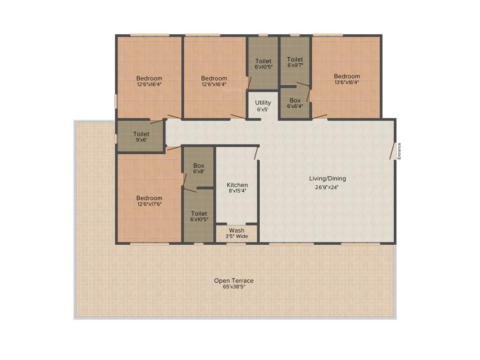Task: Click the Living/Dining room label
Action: (x=327, y=179)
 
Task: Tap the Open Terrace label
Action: (x=233, y=281)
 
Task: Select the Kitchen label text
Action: (x=237, y=185)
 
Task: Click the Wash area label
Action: (x=236, y=231)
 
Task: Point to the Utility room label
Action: (x=262, y=103)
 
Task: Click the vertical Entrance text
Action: (x=399, y=151)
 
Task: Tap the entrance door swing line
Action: (x=392, y=151)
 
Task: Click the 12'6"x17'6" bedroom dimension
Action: (x=150, y=204)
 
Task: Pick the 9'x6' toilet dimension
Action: (x=141, y=140)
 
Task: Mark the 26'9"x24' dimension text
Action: (x=327, y=187)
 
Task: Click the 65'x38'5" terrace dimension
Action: (x=233, y=287)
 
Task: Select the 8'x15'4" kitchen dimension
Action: (x=237, y=191)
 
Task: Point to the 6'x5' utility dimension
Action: (x=262, y=109)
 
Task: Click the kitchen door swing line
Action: (x=256, y=153)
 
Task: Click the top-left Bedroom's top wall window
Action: (x=150, y=35)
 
